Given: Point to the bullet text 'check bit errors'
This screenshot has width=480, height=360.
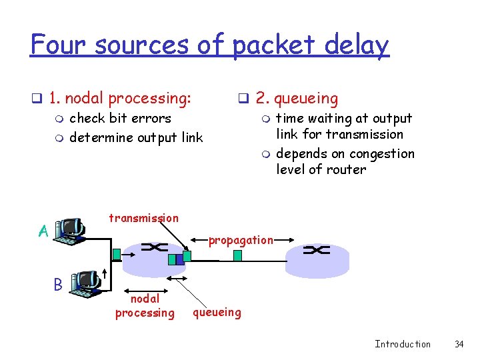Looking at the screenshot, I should click(x=120, y=119).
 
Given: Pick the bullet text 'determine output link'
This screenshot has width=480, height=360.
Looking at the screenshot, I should click(x=136, y=138).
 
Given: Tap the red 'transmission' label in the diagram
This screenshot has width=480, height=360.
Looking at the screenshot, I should click(x=143, y=218).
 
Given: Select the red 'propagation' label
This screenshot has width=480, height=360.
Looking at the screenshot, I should click(x=241, y=240).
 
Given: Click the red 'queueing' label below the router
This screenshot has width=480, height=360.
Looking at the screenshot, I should click(x=217, y=311).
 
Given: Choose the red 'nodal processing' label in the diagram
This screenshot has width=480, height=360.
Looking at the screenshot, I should click(x=145, y=306).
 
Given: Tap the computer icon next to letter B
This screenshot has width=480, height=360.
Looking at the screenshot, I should click(x=85, y=283).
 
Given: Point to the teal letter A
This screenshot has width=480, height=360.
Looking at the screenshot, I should click(x=43, y=231).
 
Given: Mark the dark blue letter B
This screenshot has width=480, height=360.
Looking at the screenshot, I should click(x=58, y=284).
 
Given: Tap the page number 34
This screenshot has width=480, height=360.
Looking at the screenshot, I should click(x=459, y=344).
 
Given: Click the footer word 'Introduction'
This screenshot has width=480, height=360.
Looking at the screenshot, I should click(x=403, y=344).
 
